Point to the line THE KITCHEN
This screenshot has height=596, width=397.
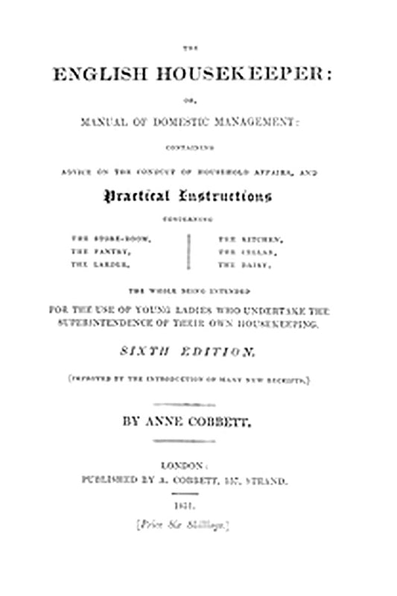pyautogui.click(x=249, y=238)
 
